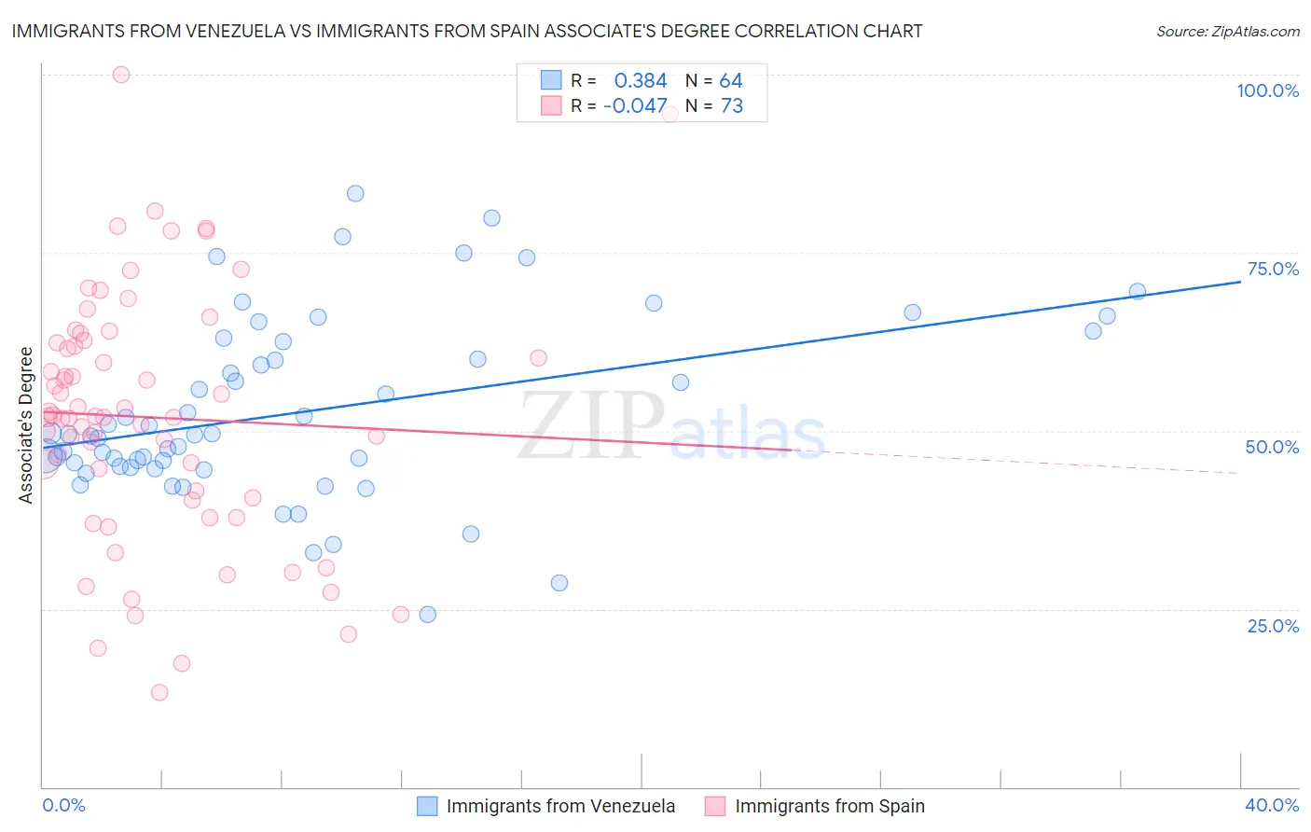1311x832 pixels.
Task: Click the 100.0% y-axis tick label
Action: [1267, 90]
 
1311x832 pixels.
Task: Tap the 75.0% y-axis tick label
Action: [1273, 269]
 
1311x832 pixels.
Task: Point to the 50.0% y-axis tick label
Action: [1272, 447]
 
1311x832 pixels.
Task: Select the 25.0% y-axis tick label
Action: [1273, 625]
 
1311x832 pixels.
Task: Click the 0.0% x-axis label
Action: [63, 805]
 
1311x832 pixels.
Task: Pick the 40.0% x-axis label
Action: [1272, 805]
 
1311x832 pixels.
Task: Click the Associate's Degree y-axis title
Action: [26, 425]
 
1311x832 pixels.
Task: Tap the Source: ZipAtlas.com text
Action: [1228, 32]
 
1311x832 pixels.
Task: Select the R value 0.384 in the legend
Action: [641, 81]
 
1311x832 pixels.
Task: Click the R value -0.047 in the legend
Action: [635, 106]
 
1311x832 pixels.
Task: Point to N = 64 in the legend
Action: [714, 81]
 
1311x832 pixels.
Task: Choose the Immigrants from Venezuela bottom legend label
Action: [560, 806]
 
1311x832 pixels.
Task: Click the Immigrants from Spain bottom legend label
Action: [830, 806]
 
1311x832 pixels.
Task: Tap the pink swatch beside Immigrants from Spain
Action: [715, 806]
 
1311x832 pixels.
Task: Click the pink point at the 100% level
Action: [121, 75]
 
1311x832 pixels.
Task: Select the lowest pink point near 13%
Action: [159, 692]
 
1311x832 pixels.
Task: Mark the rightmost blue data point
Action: [1138, 291]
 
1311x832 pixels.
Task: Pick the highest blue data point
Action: [355, 194]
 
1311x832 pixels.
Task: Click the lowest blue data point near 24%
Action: [428, 614]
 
